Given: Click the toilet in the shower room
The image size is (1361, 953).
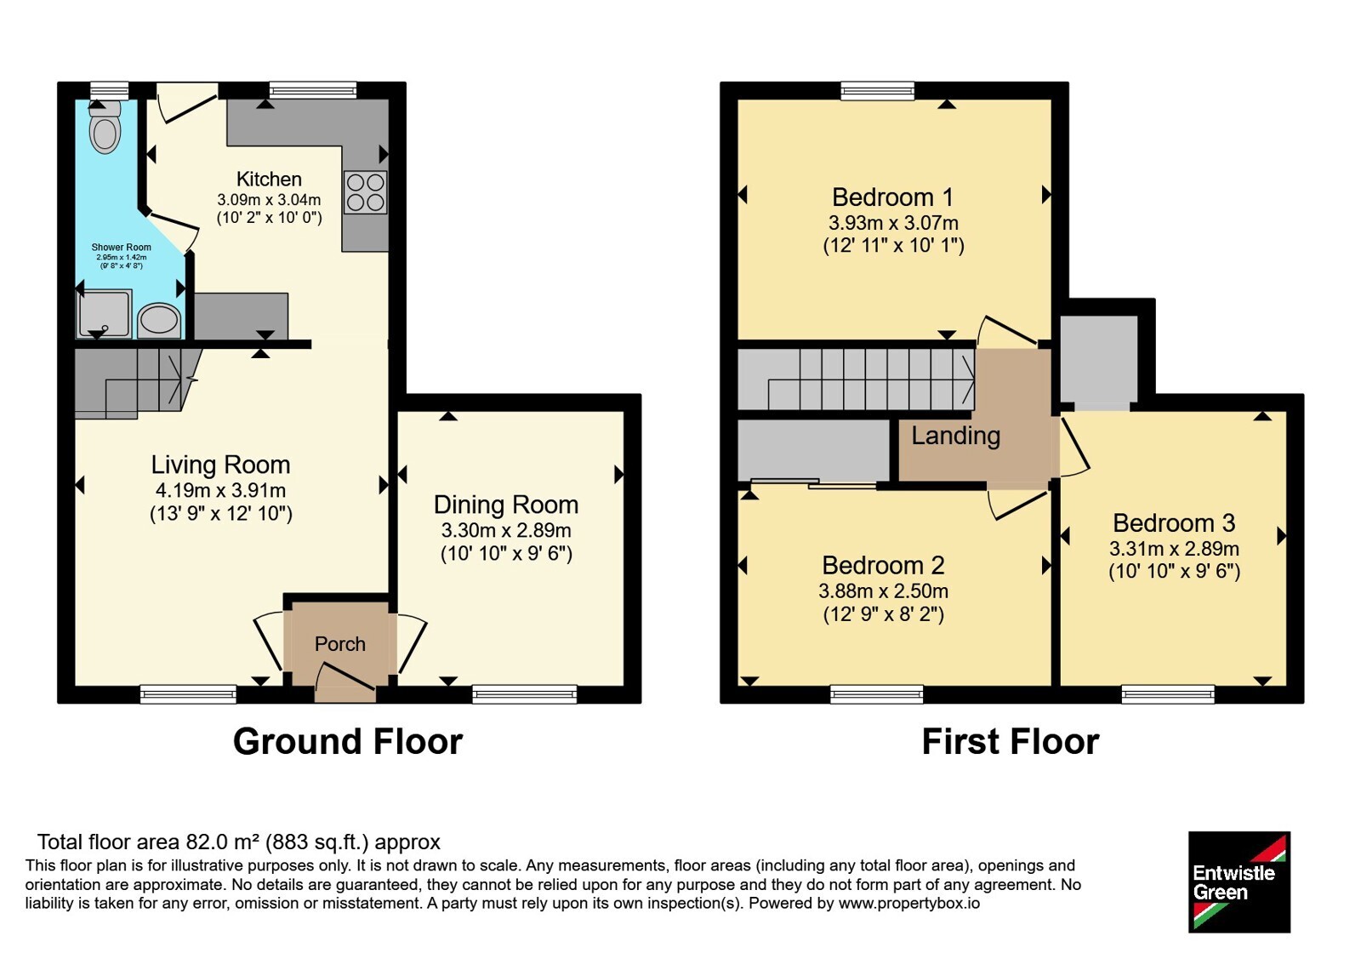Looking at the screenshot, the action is coord(105,127).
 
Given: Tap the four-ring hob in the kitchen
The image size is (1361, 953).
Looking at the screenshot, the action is coord(365,192).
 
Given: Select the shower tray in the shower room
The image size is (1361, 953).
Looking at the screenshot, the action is coord(103,314).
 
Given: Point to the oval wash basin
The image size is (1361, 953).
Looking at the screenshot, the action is coord(159,320).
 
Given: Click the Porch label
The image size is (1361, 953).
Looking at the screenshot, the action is coord(339,644).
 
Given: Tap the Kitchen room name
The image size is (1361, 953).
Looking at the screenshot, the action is coord(269,180).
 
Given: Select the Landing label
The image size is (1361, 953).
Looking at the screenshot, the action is coord(956,436).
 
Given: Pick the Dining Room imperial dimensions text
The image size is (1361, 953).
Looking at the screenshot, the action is coord(506,554).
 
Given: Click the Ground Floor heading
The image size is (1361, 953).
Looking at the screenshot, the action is coord(348,741).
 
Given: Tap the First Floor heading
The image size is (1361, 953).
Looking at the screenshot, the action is coord(1011,741).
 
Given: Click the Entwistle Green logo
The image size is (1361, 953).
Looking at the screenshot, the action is coord(1239,882).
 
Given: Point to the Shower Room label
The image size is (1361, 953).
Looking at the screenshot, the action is coord(122,248).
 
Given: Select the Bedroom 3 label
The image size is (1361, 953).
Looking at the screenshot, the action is coord(1175,523).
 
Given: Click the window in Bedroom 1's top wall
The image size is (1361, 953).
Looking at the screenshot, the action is coord(878,91).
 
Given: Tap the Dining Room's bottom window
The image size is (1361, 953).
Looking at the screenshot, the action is coord(525,694).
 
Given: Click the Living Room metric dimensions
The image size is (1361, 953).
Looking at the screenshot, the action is coord(220,490).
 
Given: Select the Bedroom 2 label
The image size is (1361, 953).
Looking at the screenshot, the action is coord(884,566).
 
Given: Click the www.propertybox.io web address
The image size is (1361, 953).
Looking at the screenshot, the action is coord(909,903).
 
